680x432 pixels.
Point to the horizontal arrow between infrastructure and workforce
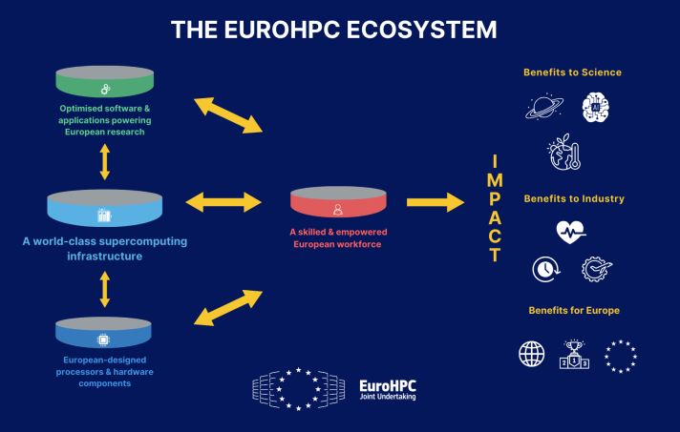point(223,202)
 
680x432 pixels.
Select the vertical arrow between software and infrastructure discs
point(104,162)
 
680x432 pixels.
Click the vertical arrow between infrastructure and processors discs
point(104,288)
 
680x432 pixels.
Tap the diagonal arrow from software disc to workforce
point(227,114)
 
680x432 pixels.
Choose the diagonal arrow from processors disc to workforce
point(227,307)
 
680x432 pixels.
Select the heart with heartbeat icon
point(570,232)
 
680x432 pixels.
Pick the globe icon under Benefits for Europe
point(532,354)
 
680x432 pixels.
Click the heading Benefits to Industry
point(573,198)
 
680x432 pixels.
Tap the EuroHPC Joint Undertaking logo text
point(387,388)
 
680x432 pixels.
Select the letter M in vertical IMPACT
point(495,178)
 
